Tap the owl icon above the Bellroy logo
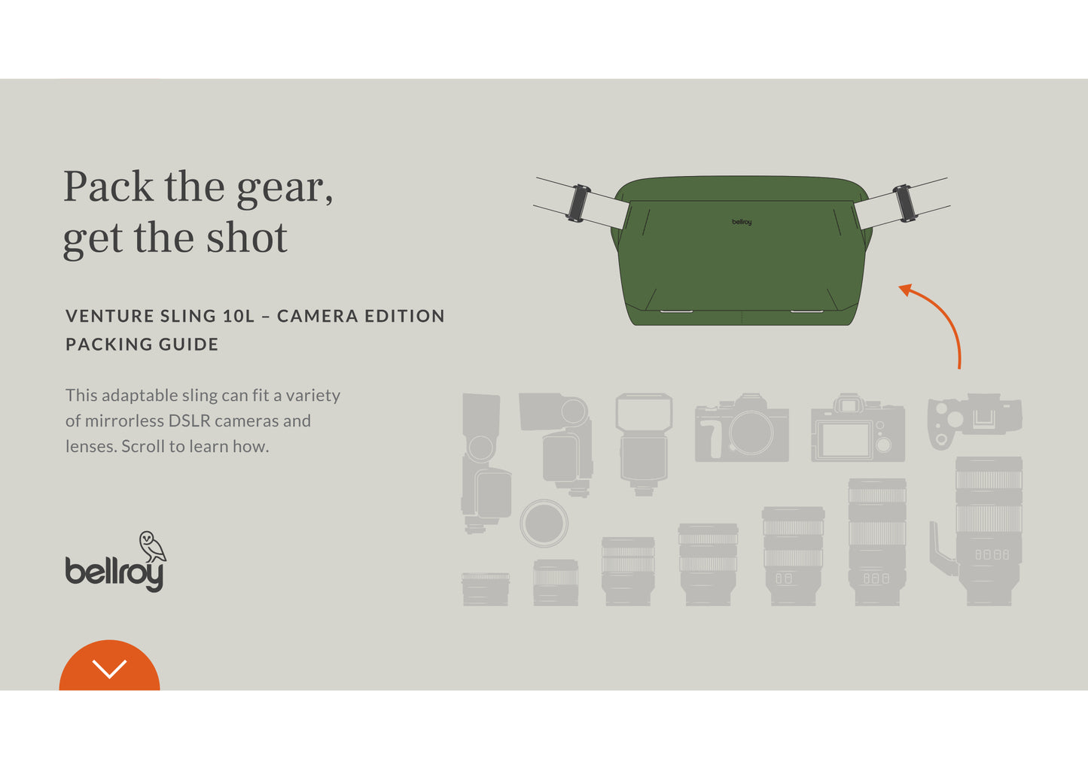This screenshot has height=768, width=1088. (x=153, y=546)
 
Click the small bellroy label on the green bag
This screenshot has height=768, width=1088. (x=742, y=222)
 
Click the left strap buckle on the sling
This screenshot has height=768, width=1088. (x=578, y=203)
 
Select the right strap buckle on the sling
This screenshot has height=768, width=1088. (x=904, y=203)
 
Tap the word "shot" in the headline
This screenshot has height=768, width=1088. (x=247, y=238)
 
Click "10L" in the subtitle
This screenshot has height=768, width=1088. (x=239, y=316)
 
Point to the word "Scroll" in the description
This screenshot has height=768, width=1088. (x=143, y=446)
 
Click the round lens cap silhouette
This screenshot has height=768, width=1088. (x=544, y=523)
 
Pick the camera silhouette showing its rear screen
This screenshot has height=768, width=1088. (x=858, y=427)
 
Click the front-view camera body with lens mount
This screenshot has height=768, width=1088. (x=742, y=427)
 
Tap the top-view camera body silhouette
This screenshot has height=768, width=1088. (x=974, y=421)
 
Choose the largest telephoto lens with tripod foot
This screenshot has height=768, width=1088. (x=986, y=531)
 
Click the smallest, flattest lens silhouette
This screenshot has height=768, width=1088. (x=485, y=589)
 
